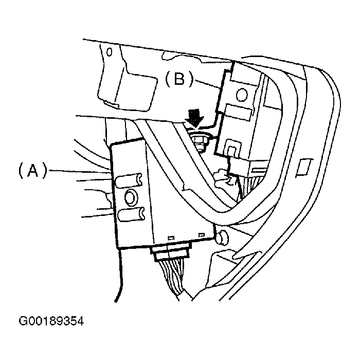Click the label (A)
(x=33, y=171)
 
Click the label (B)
(x=179, y=79)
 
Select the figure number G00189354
(x=51, y=321)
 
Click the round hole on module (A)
(x=131, y=197)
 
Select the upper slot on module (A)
(x=130, y=180)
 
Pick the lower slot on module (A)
(x=131, y=214)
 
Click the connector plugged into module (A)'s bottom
(x=171, y=251)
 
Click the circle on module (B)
(x=242, y=95)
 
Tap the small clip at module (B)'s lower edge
(x=233, y=148)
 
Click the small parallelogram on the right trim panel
(x=304, y=167)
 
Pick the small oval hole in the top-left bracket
(x=109, y=52)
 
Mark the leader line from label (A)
(x=79, y=172)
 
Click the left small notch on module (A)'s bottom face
(x=171, y=238)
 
